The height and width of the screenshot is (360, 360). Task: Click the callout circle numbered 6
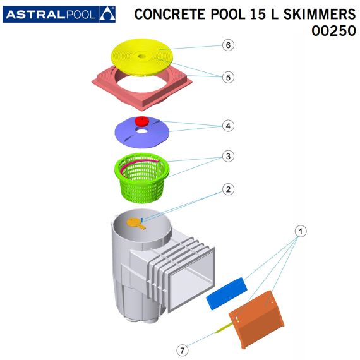coord(228,45)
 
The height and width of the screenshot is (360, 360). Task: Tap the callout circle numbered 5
coord(228,77)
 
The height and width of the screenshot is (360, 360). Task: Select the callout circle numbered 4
coord(228,126)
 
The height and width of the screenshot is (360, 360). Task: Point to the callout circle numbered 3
coord(228,157)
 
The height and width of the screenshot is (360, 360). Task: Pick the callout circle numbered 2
coord(228,189)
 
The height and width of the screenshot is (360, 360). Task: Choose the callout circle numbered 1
coord(301,231)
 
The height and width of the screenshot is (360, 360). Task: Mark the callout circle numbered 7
coord(183,351)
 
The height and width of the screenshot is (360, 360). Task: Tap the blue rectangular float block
coord(227,294)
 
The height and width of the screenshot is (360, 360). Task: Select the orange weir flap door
coord(256,320)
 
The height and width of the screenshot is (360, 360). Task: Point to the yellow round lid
coord(142,57)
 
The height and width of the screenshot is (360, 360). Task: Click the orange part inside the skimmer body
coord(136,224)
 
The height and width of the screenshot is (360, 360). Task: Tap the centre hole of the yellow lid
coord(142,56)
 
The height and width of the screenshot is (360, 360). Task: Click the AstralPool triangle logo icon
coord(107,15)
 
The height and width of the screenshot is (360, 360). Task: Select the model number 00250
coord(333,31)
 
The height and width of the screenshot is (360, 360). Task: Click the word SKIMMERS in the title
coord(320,14)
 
